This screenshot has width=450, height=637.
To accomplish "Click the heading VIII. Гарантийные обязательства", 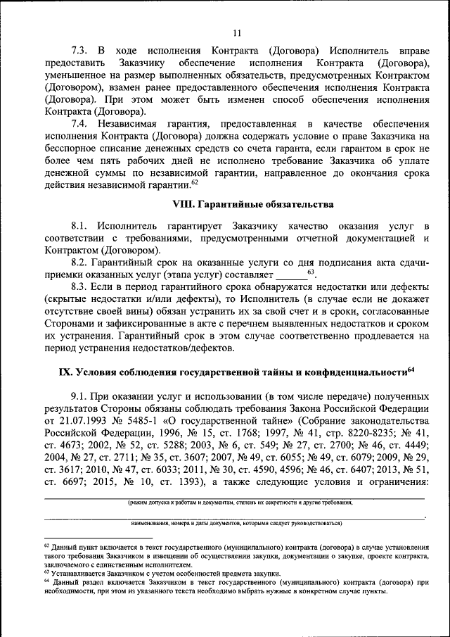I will [252, 204].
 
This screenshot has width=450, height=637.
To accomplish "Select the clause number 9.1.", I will [82, 398].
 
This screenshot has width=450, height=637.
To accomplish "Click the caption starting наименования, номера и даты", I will [236, 524].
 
